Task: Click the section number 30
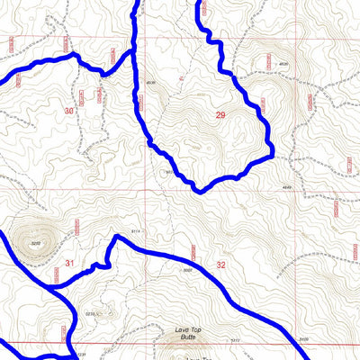tap(69, 110)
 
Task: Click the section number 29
tap(220, 115)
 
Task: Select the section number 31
tap(69, 263)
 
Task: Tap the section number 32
tap(221, 265)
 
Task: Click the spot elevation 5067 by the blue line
tap(188, 269)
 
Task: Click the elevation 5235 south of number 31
tap(89, 312)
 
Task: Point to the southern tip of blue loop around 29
tap(200, 190)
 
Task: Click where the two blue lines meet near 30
tap(133, 51)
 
